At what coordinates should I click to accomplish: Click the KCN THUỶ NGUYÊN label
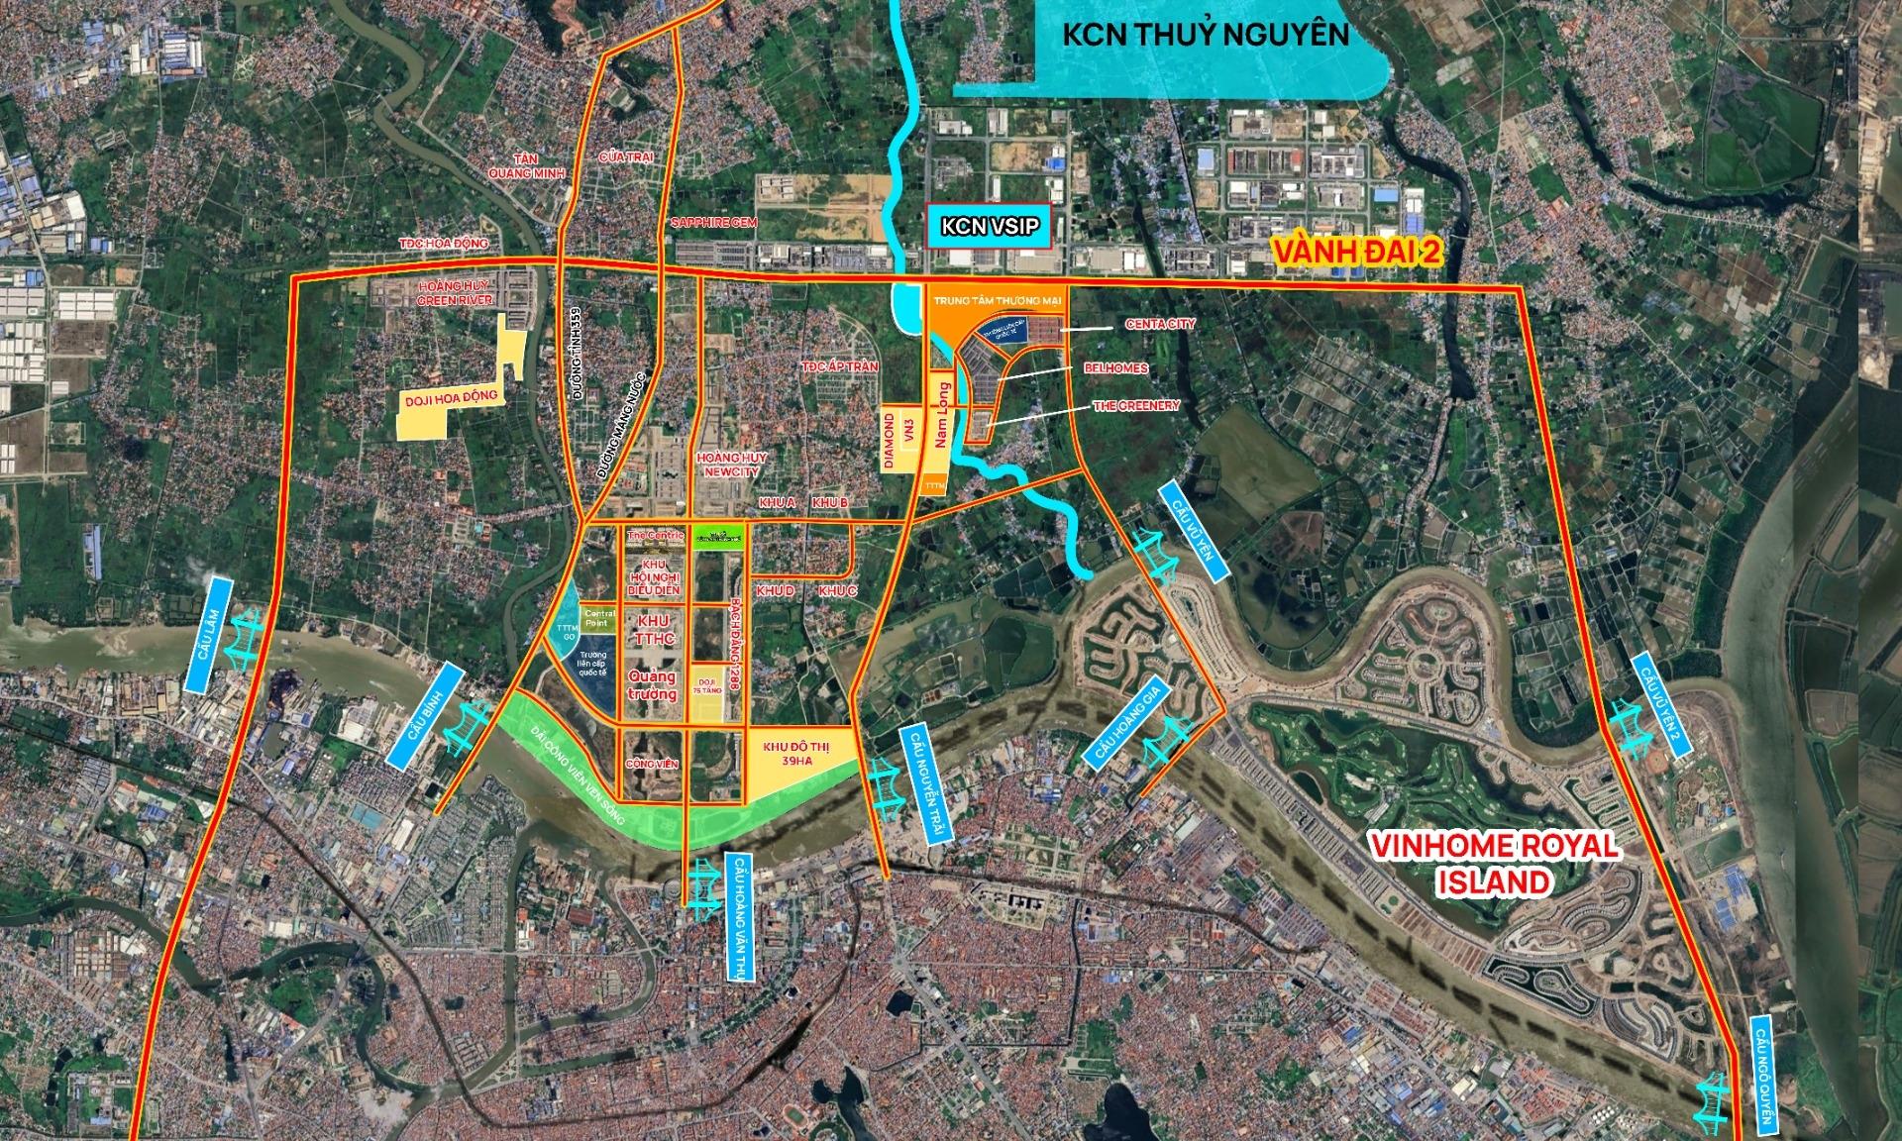coord(1205,35)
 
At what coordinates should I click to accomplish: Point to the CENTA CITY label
coord(1159,324)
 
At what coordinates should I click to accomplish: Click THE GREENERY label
coord(1136,405)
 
